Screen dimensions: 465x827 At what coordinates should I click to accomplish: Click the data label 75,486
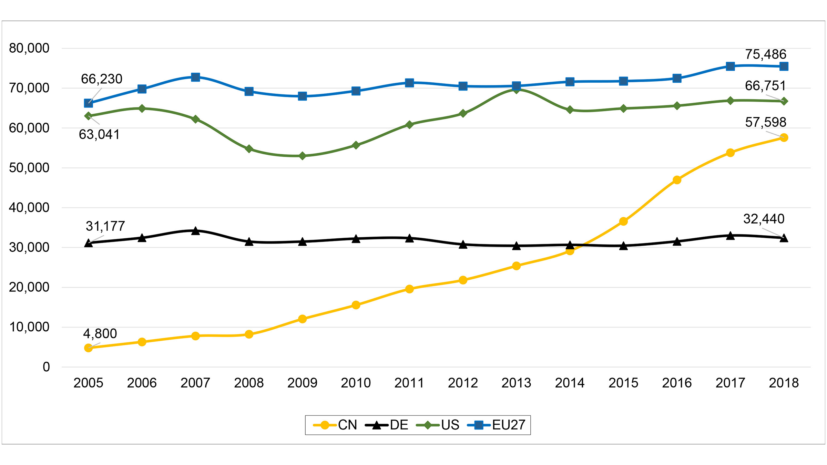(765, 54)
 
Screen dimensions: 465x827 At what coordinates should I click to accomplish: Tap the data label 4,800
(100, 333)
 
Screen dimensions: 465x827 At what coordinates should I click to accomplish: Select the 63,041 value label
(99, 134)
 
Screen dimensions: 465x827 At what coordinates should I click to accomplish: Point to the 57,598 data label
(765, 122)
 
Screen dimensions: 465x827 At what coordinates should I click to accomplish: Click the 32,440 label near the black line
(764, 219)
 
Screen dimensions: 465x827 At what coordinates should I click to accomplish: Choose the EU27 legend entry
(496, 425)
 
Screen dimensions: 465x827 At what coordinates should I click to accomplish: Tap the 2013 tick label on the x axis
(516, 383)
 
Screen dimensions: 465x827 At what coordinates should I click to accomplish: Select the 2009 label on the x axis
(302, 383)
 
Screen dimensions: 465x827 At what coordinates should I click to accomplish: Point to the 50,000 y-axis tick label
(29, 168)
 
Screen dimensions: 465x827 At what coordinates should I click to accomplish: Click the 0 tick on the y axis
(46, 367)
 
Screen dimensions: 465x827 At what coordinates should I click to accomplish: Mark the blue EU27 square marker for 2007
(195, 77)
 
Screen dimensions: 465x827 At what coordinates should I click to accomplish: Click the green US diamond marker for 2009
(302, 156)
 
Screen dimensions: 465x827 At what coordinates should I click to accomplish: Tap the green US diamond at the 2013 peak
(516, 90)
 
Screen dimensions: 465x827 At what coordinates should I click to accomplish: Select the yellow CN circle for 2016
(677, 180)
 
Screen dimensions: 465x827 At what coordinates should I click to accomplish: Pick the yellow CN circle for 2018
(784, 137)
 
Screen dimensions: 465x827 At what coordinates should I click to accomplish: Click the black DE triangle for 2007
(195, 231)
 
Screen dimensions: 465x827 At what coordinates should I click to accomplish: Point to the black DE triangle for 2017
(730, 236)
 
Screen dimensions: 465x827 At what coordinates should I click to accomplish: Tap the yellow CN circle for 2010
(356, 305)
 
